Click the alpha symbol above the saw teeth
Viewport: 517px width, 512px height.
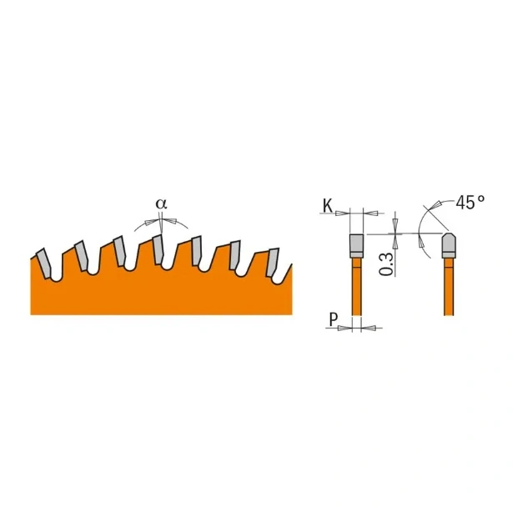tap(161, 203)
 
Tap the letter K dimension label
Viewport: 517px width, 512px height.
tap(326, 205)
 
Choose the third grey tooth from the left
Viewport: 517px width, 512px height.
tap(118, 248)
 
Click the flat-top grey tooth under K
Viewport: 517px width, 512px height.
tap(356, 243)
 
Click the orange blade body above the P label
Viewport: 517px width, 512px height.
tap(357, 288)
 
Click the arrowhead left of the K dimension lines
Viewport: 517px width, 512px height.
tap(342, 213)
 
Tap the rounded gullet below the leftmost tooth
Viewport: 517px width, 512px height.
tap(55, 277)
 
